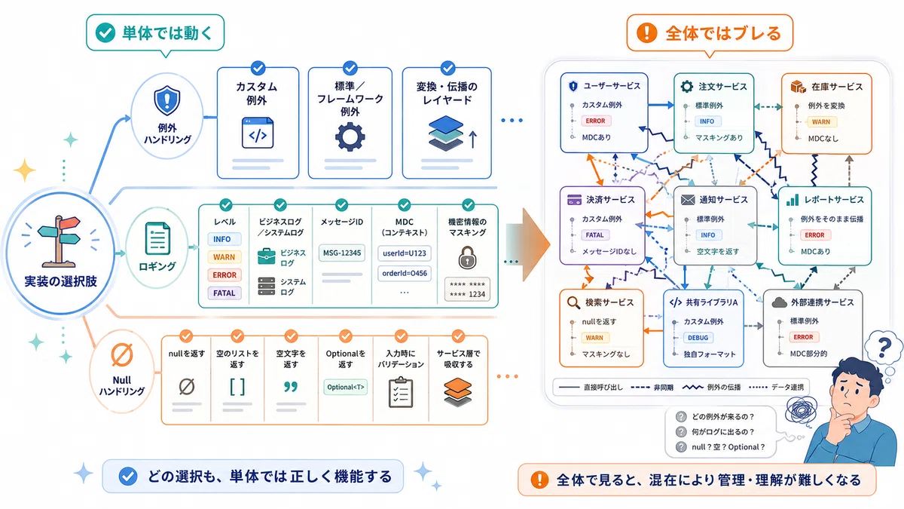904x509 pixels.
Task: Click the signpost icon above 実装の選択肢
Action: [60, 241]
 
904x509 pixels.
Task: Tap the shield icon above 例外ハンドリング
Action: [167, 100]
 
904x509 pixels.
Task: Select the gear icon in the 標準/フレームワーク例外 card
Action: [350, 137]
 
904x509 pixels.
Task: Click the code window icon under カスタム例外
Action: [258, 133]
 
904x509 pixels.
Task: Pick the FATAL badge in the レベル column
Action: [224, 293]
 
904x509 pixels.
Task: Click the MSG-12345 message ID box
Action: [342, 253]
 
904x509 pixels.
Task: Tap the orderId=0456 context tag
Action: [405, 273]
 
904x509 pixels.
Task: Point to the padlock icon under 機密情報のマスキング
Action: [467, 258]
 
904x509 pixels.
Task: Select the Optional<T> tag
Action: [346, 387]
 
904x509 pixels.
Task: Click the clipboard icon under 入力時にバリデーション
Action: [401, 392]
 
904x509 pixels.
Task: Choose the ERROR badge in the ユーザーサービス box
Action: [595, 121]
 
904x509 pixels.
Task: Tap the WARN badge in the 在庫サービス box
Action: [821, 121]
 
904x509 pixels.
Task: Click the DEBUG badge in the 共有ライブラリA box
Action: [698, 338]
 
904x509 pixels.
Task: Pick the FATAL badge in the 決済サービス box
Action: [595, 235]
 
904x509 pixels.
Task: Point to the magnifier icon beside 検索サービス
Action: [573, 302]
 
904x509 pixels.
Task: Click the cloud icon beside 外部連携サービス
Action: [779, 302]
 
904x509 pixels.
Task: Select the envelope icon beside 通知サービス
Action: [688, 200]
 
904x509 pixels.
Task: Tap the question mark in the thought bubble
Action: [884, 347]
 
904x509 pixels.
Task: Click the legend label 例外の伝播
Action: [724, 388]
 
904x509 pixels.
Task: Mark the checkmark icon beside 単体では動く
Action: [105, 32]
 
